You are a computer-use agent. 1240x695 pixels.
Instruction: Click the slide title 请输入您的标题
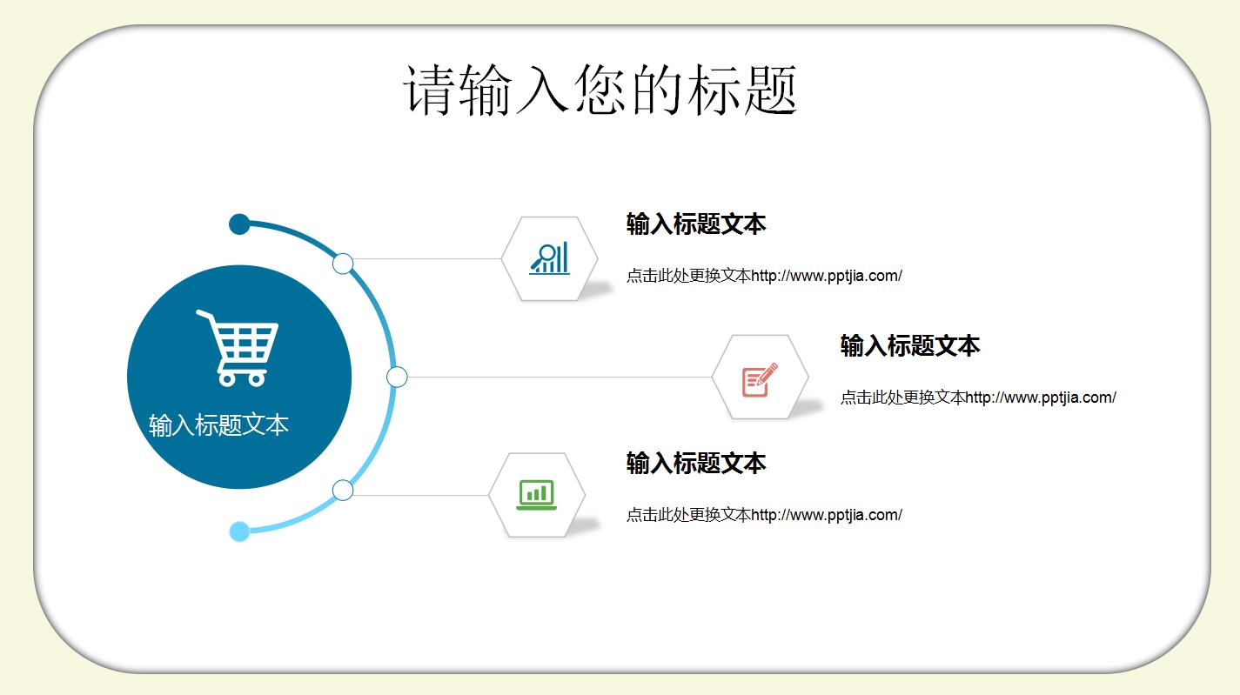(600, 90)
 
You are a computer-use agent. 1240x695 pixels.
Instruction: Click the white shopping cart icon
(238, 347)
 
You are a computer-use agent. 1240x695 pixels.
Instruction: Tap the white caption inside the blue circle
(218, 425)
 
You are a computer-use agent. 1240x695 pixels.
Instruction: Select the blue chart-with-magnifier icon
(550, 258)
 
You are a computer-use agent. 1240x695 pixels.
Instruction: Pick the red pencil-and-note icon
(759, 379)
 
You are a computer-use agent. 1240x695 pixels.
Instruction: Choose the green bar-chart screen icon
(536, 495)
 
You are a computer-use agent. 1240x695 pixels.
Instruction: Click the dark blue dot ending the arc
(239, 224)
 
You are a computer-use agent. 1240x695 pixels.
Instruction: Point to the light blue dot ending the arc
(239, 531)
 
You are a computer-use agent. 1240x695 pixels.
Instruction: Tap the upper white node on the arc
(343, 264)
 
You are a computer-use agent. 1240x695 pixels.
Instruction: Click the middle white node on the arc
(397, 377)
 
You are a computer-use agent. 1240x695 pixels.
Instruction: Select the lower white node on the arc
(343, 490)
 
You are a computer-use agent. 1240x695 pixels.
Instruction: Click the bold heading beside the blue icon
(695, 224)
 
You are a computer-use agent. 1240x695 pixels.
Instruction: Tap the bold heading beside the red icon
(909, 346)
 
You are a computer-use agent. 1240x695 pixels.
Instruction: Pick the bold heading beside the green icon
(695, 463)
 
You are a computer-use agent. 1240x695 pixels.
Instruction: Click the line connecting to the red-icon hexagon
(557, 377)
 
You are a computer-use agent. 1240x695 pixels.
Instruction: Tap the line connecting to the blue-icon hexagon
(426, 258)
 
